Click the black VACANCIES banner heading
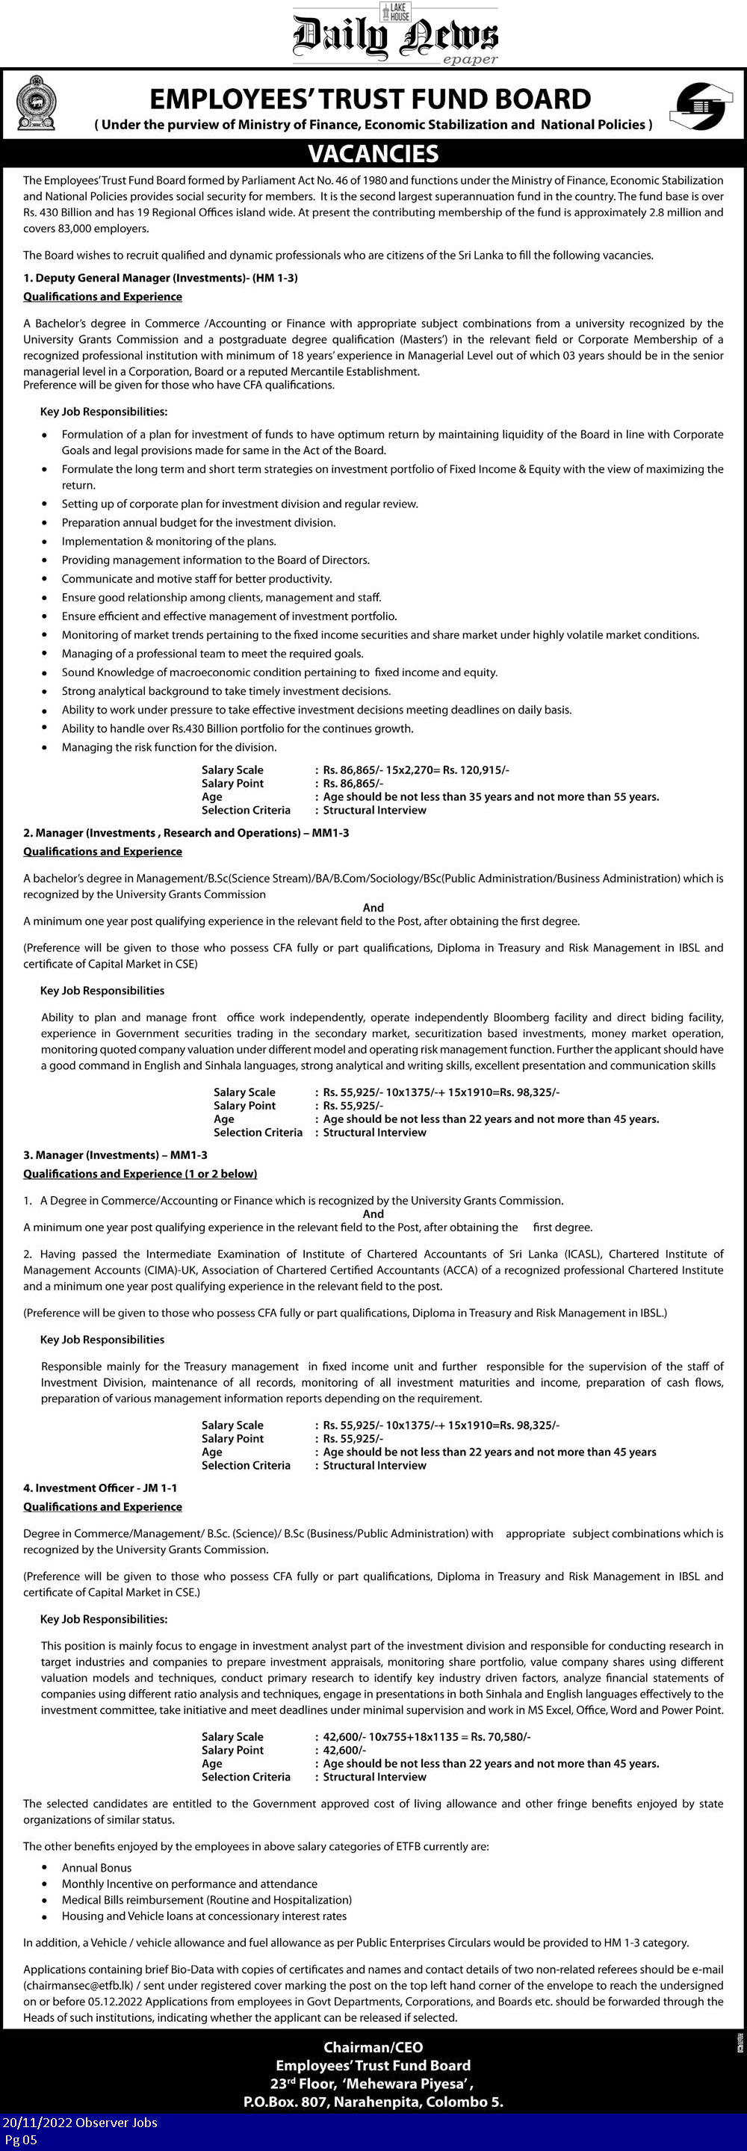click(373, 154)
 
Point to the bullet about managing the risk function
click(169, 747)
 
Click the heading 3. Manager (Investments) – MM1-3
click(117, 1155)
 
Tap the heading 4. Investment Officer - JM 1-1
click(100, 1488)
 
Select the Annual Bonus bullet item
click(97, 1868)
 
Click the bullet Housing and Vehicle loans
click(204, 1916)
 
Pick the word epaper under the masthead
click(470, 59)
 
